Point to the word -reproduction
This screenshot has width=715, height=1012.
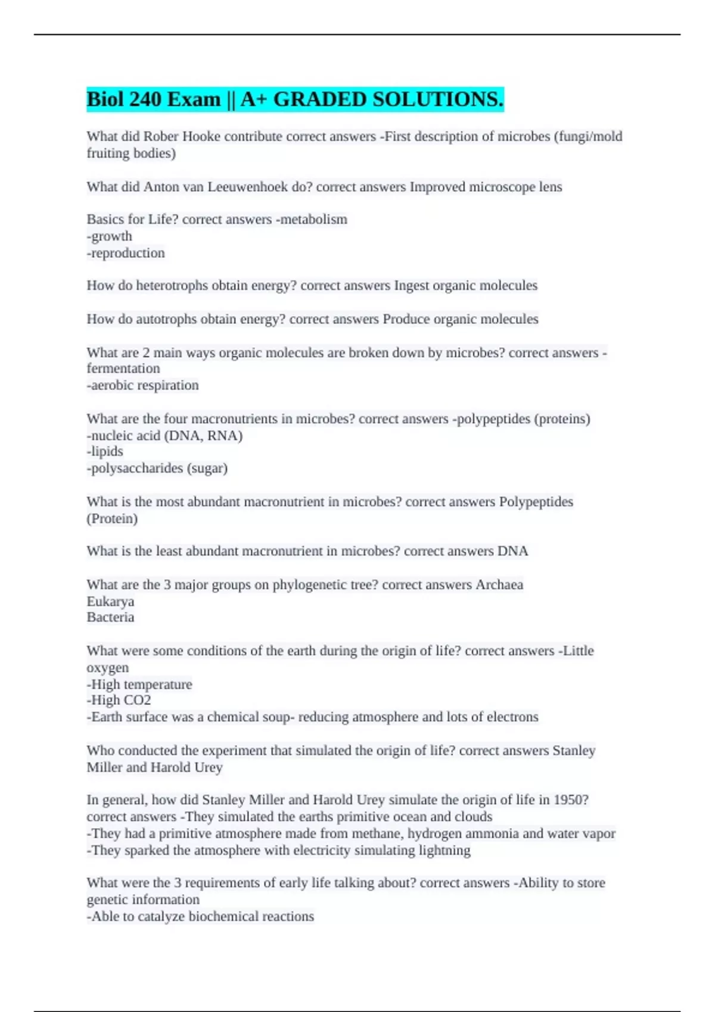[x=126, y=253]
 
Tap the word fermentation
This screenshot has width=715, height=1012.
[x=123, y=368]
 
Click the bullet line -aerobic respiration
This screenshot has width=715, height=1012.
[x=143, y=385]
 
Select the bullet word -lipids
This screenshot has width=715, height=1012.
[x=105, y=451]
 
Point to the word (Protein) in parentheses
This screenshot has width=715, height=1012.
[x=112, y=519]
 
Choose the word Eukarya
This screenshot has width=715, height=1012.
[x=110, y=601]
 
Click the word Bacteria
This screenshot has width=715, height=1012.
[x=110, y=617]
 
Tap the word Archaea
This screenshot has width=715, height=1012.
[x=499, y=585]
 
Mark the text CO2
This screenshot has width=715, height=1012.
[x=137, y=700]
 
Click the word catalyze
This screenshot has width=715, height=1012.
[x=161, y=916]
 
